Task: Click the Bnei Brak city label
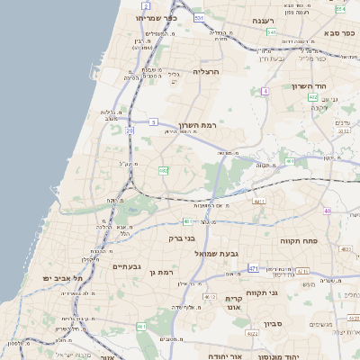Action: pyautogui.click(x=182, y=238)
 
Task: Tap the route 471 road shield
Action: pyautogui.click(x=254, y=268)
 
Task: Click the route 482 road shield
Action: pyautogui.click(x=163, y=170)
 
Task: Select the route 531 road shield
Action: pyautogui.click(x=199, y=18)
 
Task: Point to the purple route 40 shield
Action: pyautogui.click(x=327, y=211)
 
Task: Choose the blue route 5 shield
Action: pyautogui.click(x=153, y=121)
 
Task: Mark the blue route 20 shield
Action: pyautogui.click(x=130, y=131)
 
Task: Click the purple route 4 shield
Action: pyautogui.click(x=265, y=91)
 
